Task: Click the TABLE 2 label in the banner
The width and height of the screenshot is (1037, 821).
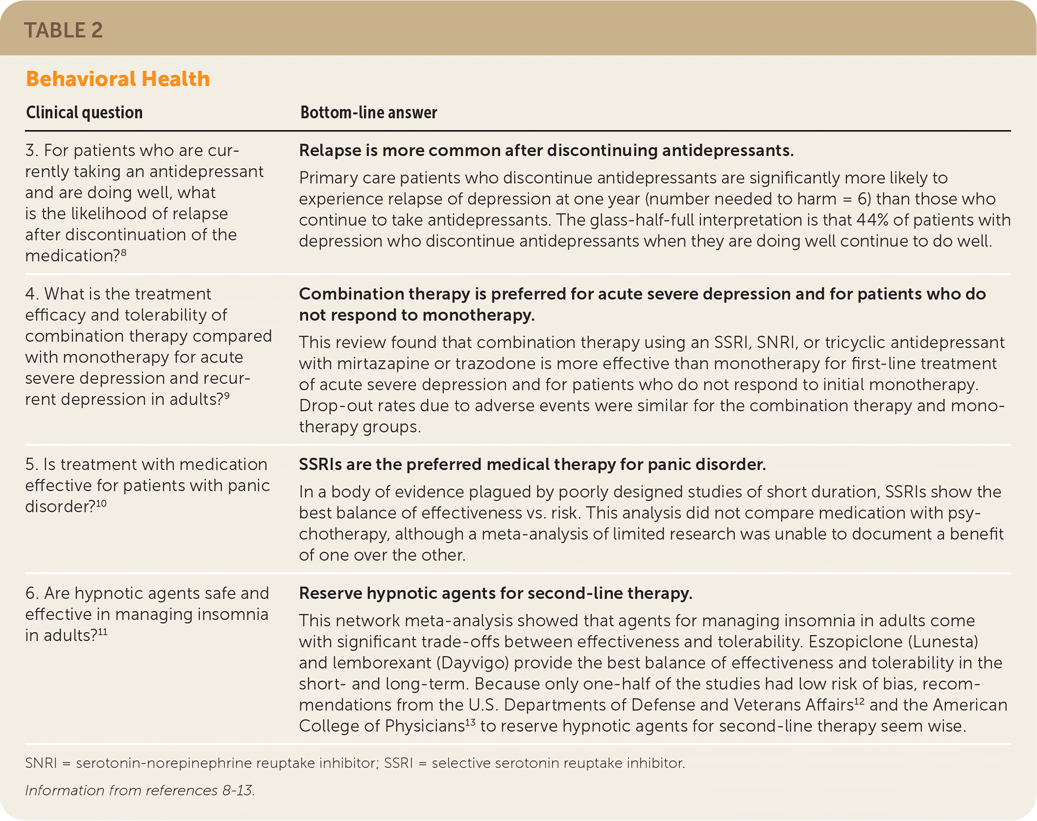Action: click(63, 30)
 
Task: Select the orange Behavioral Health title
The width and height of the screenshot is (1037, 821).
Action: click(118, 79)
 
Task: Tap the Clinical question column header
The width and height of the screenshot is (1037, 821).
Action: click(84, 113)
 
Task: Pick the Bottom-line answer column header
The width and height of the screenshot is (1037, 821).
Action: click(368, 113)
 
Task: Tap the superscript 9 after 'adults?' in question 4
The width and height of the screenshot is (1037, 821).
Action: click(226, 395)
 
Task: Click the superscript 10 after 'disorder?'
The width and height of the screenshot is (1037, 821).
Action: click(101, 503)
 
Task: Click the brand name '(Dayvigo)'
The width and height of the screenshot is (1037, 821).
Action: click(473, 663)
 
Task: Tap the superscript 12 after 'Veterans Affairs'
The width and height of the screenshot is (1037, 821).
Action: click(859, 701)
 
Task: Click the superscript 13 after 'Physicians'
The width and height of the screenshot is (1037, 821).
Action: click(470, 722)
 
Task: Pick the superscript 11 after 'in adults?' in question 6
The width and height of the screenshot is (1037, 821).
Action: click(102, 631)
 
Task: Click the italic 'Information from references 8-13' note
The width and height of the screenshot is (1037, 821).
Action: click(140, 790)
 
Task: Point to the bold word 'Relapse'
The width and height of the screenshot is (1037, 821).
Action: click(330, 150)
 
